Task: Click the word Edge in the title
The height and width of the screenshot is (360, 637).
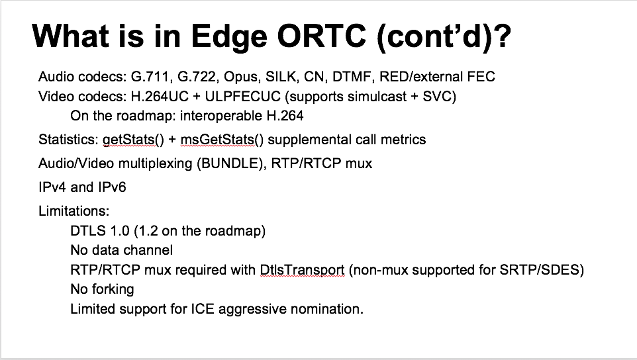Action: (x=228, y=36)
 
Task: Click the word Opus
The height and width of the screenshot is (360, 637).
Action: (x=241, y=77)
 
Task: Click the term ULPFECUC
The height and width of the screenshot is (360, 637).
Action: (x=242, y=97)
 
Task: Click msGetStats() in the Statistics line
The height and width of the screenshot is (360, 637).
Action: (x=222, y=140)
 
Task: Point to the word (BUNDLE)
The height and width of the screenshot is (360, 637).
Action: (x=230, y=163)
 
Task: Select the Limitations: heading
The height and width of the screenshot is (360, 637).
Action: (x=74, y=211)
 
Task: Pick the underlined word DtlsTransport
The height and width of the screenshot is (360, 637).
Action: (x=302, y=270)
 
